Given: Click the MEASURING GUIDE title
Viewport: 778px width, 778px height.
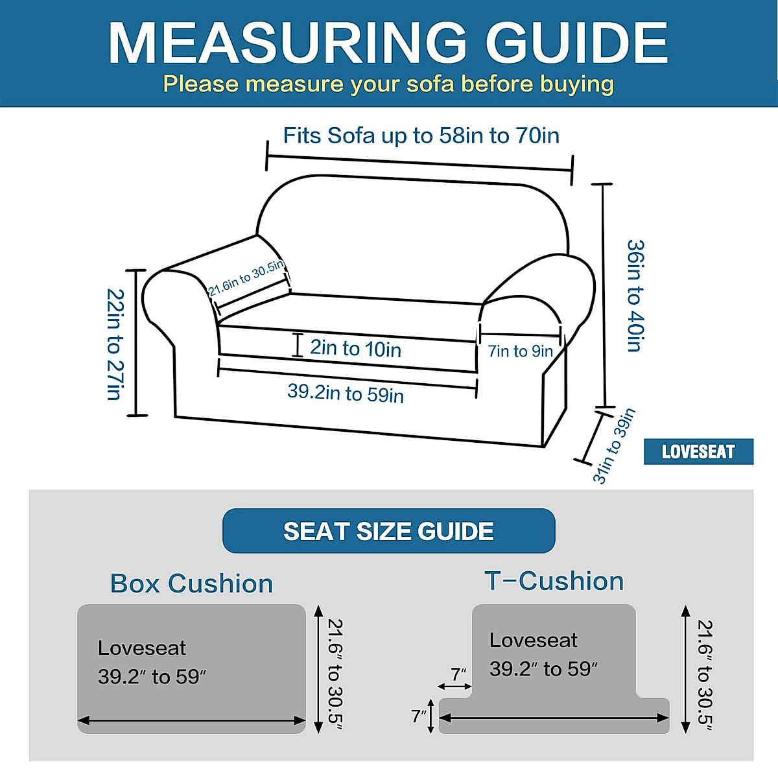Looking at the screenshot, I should [x=388, y=43].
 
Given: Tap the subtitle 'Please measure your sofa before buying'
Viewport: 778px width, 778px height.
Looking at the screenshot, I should [x=388, y=84].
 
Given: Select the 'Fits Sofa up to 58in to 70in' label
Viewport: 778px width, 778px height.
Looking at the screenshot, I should [x=421, y=136].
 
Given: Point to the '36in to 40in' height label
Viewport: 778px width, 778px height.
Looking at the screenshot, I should [x=635, y=296].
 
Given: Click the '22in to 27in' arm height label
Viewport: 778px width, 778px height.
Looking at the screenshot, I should [x=115, y=344].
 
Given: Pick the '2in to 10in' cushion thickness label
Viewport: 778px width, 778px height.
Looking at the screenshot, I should [x=355, y=349].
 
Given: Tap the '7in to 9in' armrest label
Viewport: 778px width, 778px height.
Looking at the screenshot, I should [x=521, y=351].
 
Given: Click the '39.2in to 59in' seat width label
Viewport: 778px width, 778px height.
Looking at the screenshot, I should [x=346, y=393].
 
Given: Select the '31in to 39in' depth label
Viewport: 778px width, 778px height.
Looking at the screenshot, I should [x=613, y=446].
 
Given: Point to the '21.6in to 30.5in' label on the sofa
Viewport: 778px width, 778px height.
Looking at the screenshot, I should [x=246, y=278].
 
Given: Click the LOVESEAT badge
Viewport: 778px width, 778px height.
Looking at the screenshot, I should [x=698, y=452].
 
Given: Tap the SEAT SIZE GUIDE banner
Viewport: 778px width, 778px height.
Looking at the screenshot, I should [x=388, y=532].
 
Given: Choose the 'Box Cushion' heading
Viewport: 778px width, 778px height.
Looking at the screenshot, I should [x=191, y=583].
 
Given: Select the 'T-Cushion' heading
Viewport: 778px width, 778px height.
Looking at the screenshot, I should [x=554, y=581].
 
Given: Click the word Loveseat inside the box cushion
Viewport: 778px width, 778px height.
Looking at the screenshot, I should [x=141, y=648].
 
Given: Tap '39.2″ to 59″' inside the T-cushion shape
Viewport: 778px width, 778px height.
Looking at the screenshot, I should [x=543, y=669].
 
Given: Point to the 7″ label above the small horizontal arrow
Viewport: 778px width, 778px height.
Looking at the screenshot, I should [x=459, y=674].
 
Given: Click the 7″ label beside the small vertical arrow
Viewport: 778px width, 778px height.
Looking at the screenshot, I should [x=419, y=716].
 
